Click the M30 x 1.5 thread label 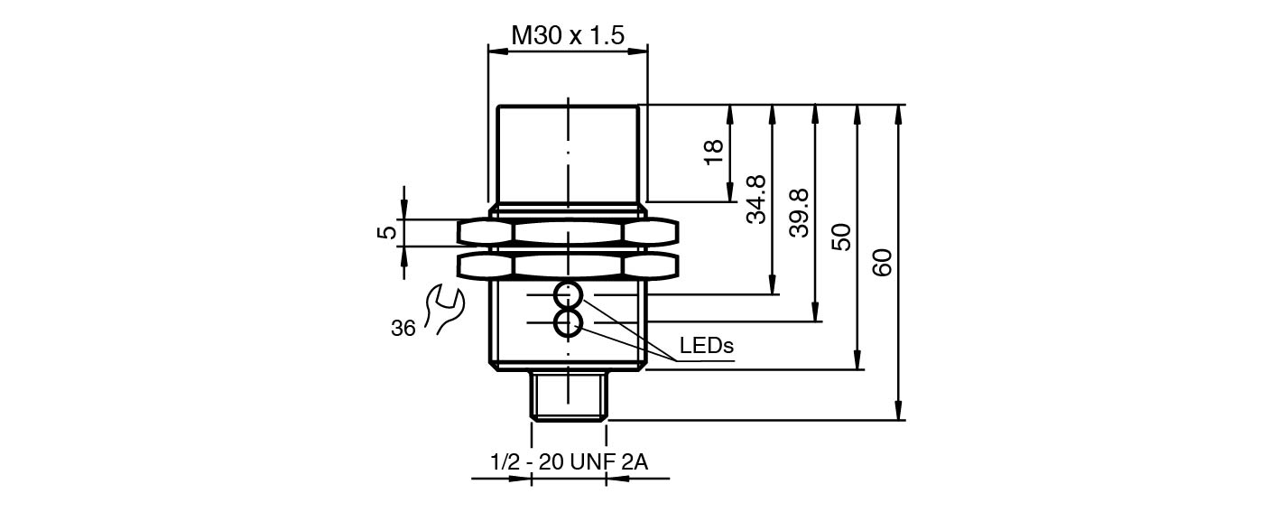pos(568,35)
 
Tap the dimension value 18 pos(714,150)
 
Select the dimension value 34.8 pos(756,199)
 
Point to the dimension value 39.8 pos(800,213)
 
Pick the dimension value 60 pos(885,262)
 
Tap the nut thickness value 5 pos(387,232)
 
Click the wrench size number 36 pos(403,329)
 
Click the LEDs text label pos(706,346)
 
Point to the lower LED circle pos(568,322)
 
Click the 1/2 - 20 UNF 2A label pos(569,462)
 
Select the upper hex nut pos(568,232)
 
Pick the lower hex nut pos(568,265)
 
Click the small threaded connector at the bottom pos(568,395)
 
